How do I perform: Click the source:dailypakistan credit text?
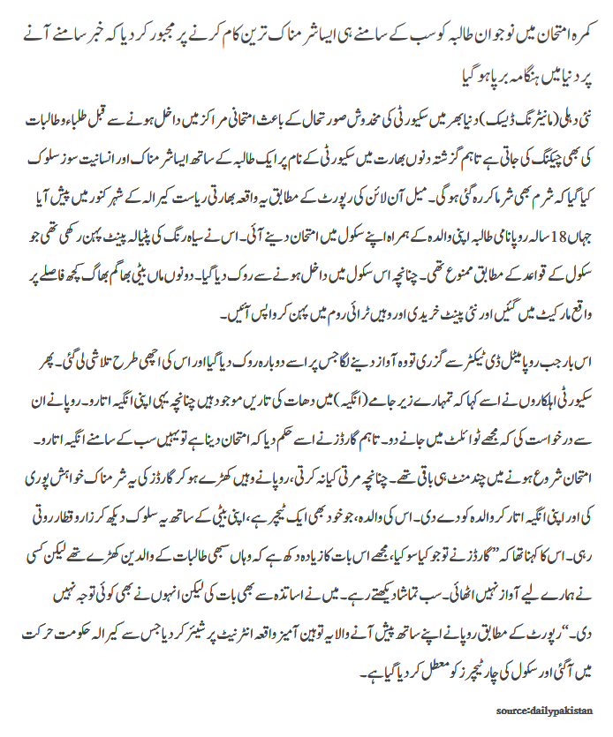pyautogui.click(x=544, y=710)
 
